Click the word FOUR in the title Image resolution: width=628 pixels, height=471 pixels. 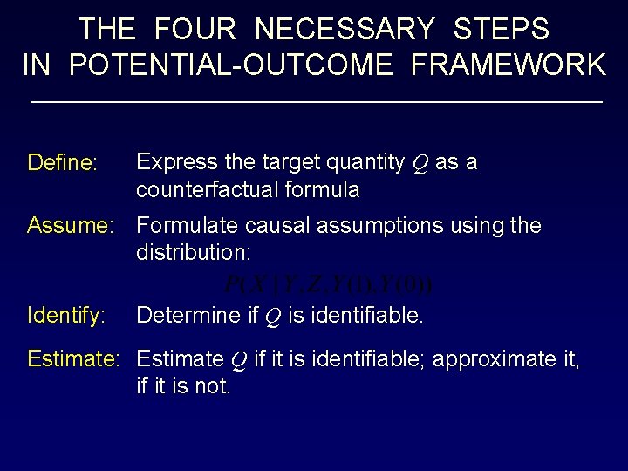tap(195, 30)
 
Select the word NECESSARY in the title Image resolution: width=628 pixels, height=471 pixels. tap(344, 30)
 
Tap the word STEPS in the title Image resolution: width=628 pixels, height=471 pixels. tap(502, 30)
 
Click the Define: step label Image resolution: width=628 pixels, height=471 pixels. tap(62, 163)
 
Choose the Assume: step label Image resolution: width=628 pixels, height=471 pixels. tap(71, 227)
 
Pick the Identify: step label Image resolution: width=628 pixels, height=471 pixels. tap(66, 315)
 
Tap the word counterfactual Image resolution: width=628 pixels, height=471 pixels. tap(203, 189)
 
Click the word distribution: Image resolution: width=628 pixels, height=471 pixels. tap(194, 253)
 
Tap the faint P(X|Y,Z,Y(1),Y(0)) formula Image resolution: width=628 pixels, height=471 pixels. tap(327, 285)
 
